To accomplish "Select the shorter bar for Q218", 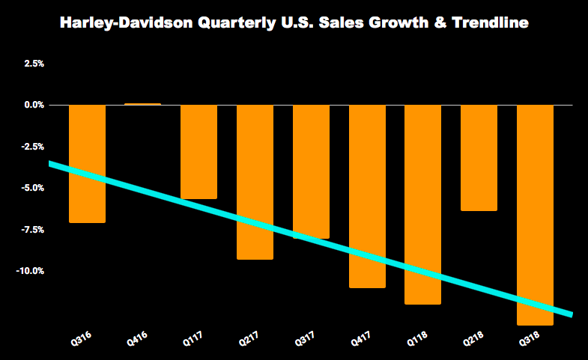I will pos(479,157).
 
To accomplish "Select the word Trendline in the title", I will pos(490,24).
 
